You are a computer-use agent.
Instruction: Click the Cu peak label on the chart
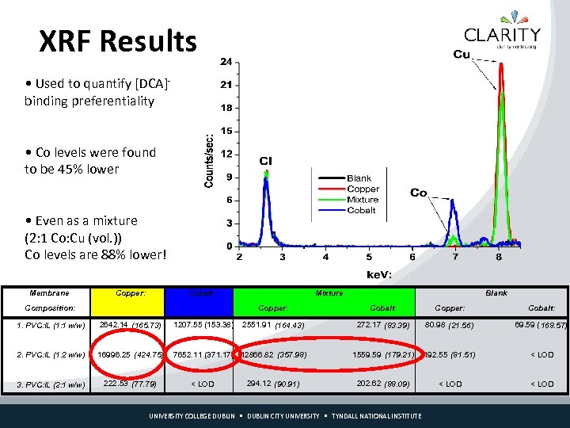point(462,55)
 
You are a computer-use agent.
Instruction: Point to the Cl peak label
point(265,161)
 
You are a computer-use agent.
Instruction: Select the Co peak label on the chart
point(419,193)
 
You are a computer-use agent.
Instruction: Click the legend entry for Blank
point(359,178)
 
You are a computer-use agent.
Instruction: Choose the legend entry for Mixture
point(363,200)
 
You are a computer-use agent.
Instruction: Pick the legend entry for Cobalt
point(361,210)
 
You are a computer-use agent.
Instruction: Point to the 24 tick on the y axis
point(226,61)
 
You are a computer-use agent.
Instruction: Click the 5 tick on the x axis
point(369,257)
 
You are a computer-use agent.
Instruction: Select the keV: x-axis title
point(379,274)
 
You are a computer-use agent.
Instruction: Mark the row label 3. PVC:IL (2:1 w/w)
point(51,384)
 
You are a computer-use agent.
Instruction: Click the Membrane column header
point(48,292)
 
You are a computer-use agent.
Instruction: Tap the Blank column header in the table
point(496,292)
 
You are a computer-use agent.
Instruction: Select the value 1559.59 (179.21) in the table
point(383,354)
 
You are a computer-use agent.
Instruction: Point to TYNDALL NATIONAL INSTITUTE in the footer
point(376,416)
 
